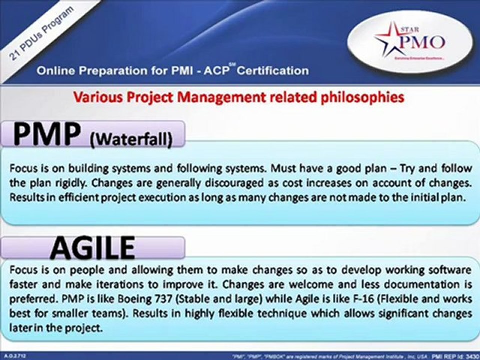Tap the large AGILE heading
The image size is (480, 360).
(x=92, y=248)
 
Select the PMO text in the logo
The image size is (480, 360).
(x=422, y=41)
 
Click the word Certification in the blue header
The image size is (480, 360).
(x=272, y=71)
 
